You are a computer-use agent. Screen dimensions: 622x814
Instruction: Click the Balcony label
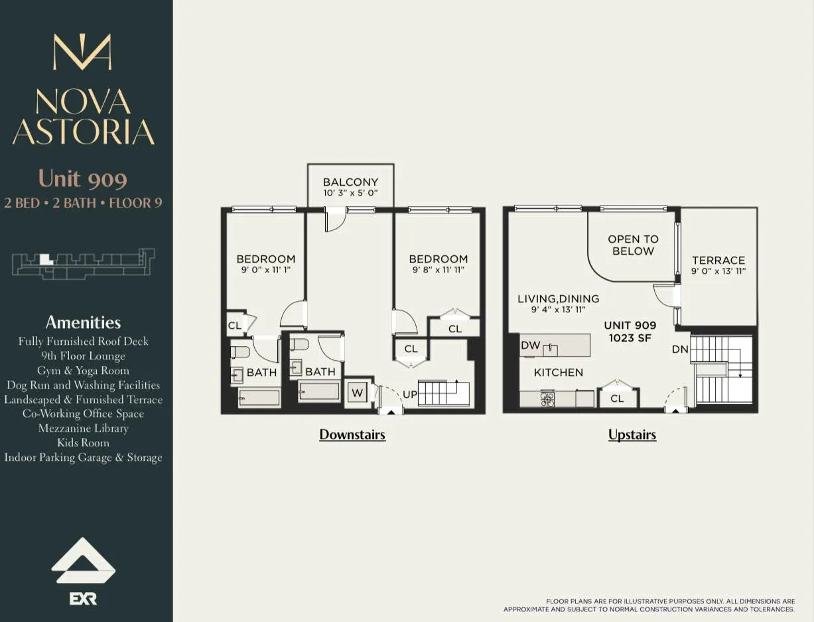point(350,182)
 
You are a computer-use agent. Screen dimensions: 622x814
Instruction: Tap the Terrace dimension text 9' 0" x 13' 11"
point(718,271)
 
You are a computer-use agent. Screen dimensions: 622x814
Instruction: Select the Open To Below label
point(633,245)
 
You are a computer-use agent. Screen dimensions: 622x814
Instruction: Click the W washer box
point(358,393)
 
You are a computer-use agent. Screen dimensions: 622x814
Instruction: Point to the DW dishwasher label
point(530,345)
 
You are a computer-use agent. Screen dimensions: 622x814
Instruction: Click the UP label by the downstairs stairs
point(409,395)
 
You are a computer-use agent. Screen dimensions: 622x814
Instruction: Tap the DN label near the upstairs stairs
point(680,349)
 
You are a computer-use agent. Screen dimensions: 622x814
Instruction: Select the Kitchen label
point(559,373)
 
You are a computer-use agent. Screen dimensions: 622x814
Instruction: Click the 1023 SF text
point(630,338)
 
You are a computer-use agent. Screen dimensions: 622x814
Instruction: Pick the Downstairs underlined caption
point(352,435)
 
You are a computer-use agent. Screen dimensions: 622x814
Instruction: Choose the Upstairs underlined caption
point(632,435)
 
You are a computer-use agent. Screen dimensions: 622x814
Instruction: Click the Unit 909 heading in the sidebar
point(83,178)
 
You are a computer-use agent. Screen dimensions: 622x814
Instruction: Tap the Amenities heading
point(83,322)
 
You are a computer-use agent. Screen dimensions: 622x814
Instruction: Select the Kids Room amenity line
point(83,443)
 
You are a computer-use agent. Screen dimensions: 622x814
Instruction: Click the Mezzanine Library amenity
point(83,428)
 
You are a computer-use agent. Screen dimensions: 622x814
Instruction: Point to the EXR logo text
point(84,599)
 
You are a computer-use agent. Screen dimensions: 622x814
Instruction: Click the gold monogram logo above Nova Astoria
point(82,52)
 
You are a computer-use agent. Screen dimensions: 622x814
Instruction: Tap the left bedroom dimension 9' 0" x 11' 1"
point(265,271)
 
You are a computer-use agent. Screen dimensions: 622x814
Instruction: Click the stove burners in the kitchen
point(547,399)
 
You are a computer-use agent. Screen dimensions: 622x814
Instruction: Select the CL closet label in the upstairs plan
point(617,399)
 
